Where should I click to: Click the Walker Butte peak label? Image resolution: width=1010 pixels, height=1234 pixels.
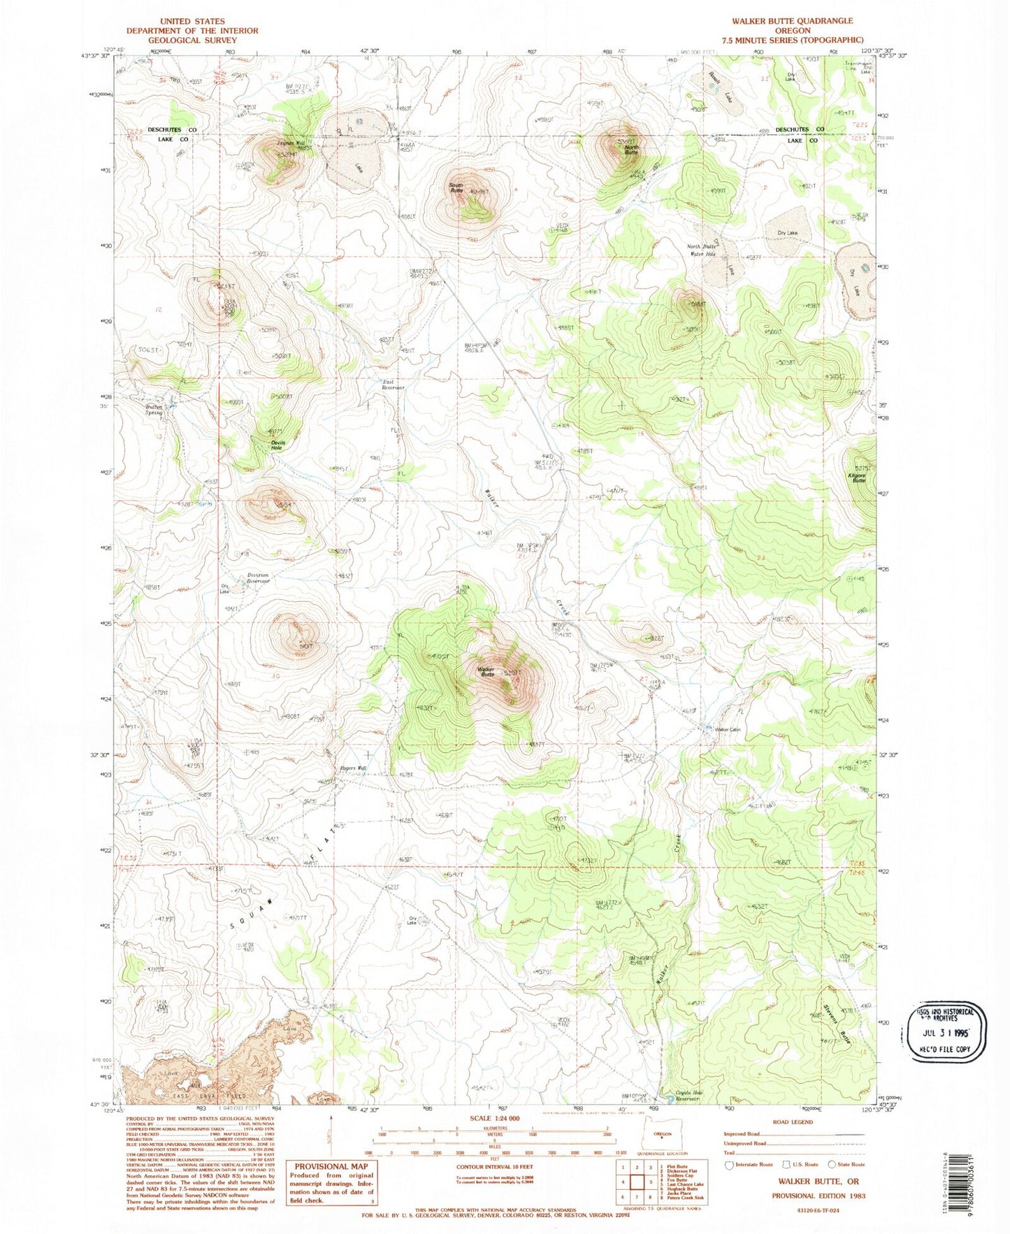tap(486, 672)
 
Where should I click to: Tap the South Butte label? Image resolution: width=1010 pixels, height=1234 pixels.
tap(456, 188)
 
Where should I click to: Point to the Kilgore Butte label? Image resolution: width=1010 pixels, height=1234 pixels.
tap(857, 478)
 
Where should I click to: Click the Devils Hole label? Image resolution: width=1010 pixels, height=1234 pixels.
tap(277, 445)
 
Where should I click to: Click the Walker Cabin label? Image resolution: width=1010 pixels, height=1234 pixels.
tap(727, 730)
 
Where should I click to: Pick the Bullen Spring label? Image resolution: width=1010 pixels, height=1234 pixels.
tap(154, 410)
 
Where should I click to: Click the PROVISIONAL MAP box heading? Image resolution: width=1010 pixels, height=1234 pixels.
tap(331, 1166)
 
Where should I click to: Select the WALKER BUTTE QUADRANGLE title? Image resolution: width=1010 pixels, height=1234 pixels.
tap(792, 21)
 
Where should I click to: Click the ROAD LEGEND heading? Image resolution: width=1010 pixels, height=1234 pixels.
tap(793, 1122)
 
